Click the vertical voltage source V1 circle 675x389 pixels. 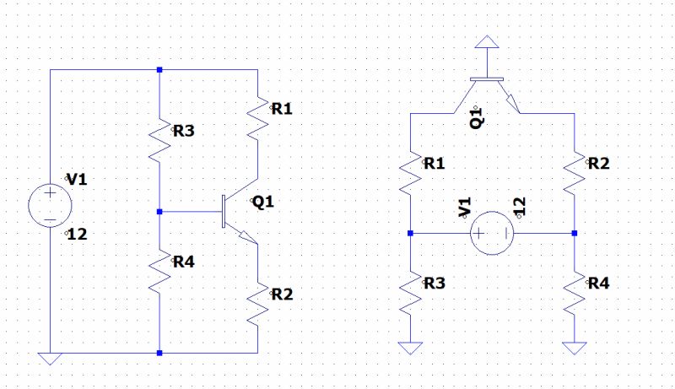50,206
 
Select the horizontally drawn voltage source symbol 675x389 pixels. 491,232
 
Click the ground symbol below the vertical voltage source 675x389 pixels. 50,357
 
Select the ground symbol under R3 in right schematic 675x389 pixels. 409,347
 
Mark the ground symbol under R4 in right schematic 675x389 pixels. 574,347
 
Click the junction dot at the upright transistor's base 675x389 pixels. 159,212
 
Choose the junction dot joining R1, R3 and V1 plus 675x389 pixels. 409,233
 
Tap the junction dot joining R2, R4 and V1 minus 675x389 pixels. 574,233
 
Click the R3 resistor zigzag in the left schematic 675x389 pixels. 159,137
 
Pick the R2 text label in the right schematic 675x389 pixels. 599,164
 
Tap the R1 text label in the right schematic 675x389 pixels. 434,164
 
